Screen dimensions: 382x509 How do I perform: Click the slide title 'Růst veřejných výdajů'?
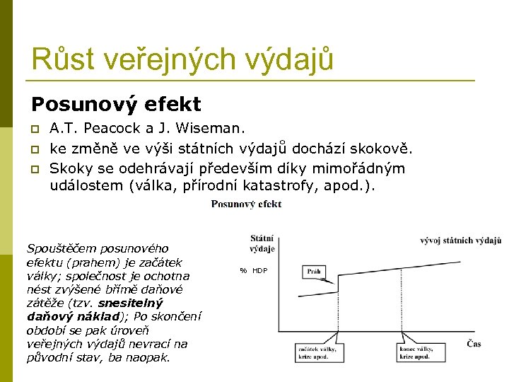182,59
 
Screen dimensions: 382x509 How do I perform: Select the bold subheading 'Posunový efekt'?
116,105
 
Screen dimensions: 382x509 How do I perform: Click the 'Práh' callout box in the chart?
314,271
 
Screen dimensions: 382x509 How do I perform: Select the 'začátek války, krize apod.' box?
317,352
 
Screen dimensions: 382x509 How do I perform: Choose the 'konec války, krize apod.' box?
415,352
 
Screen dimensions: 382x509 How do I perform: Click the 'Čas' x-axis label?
474,344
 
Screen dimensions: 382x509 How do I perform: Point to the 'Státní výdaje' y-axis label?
262,243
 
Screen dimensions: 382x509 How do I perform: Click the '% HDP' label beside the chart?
254,271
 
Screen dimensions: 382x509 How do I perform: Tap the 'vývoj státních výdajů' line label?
460,241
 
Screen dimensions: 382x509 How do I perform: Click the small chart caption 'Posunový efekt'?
246,204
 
